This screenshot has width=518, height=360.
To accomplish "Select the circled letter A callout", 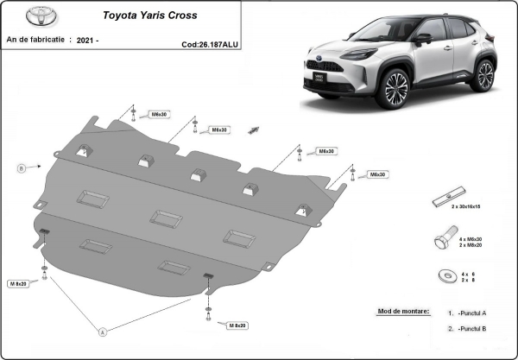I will [x=103, y=331].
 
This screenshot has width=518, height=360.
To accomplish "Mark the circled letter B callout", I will [x=21, y=167].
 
